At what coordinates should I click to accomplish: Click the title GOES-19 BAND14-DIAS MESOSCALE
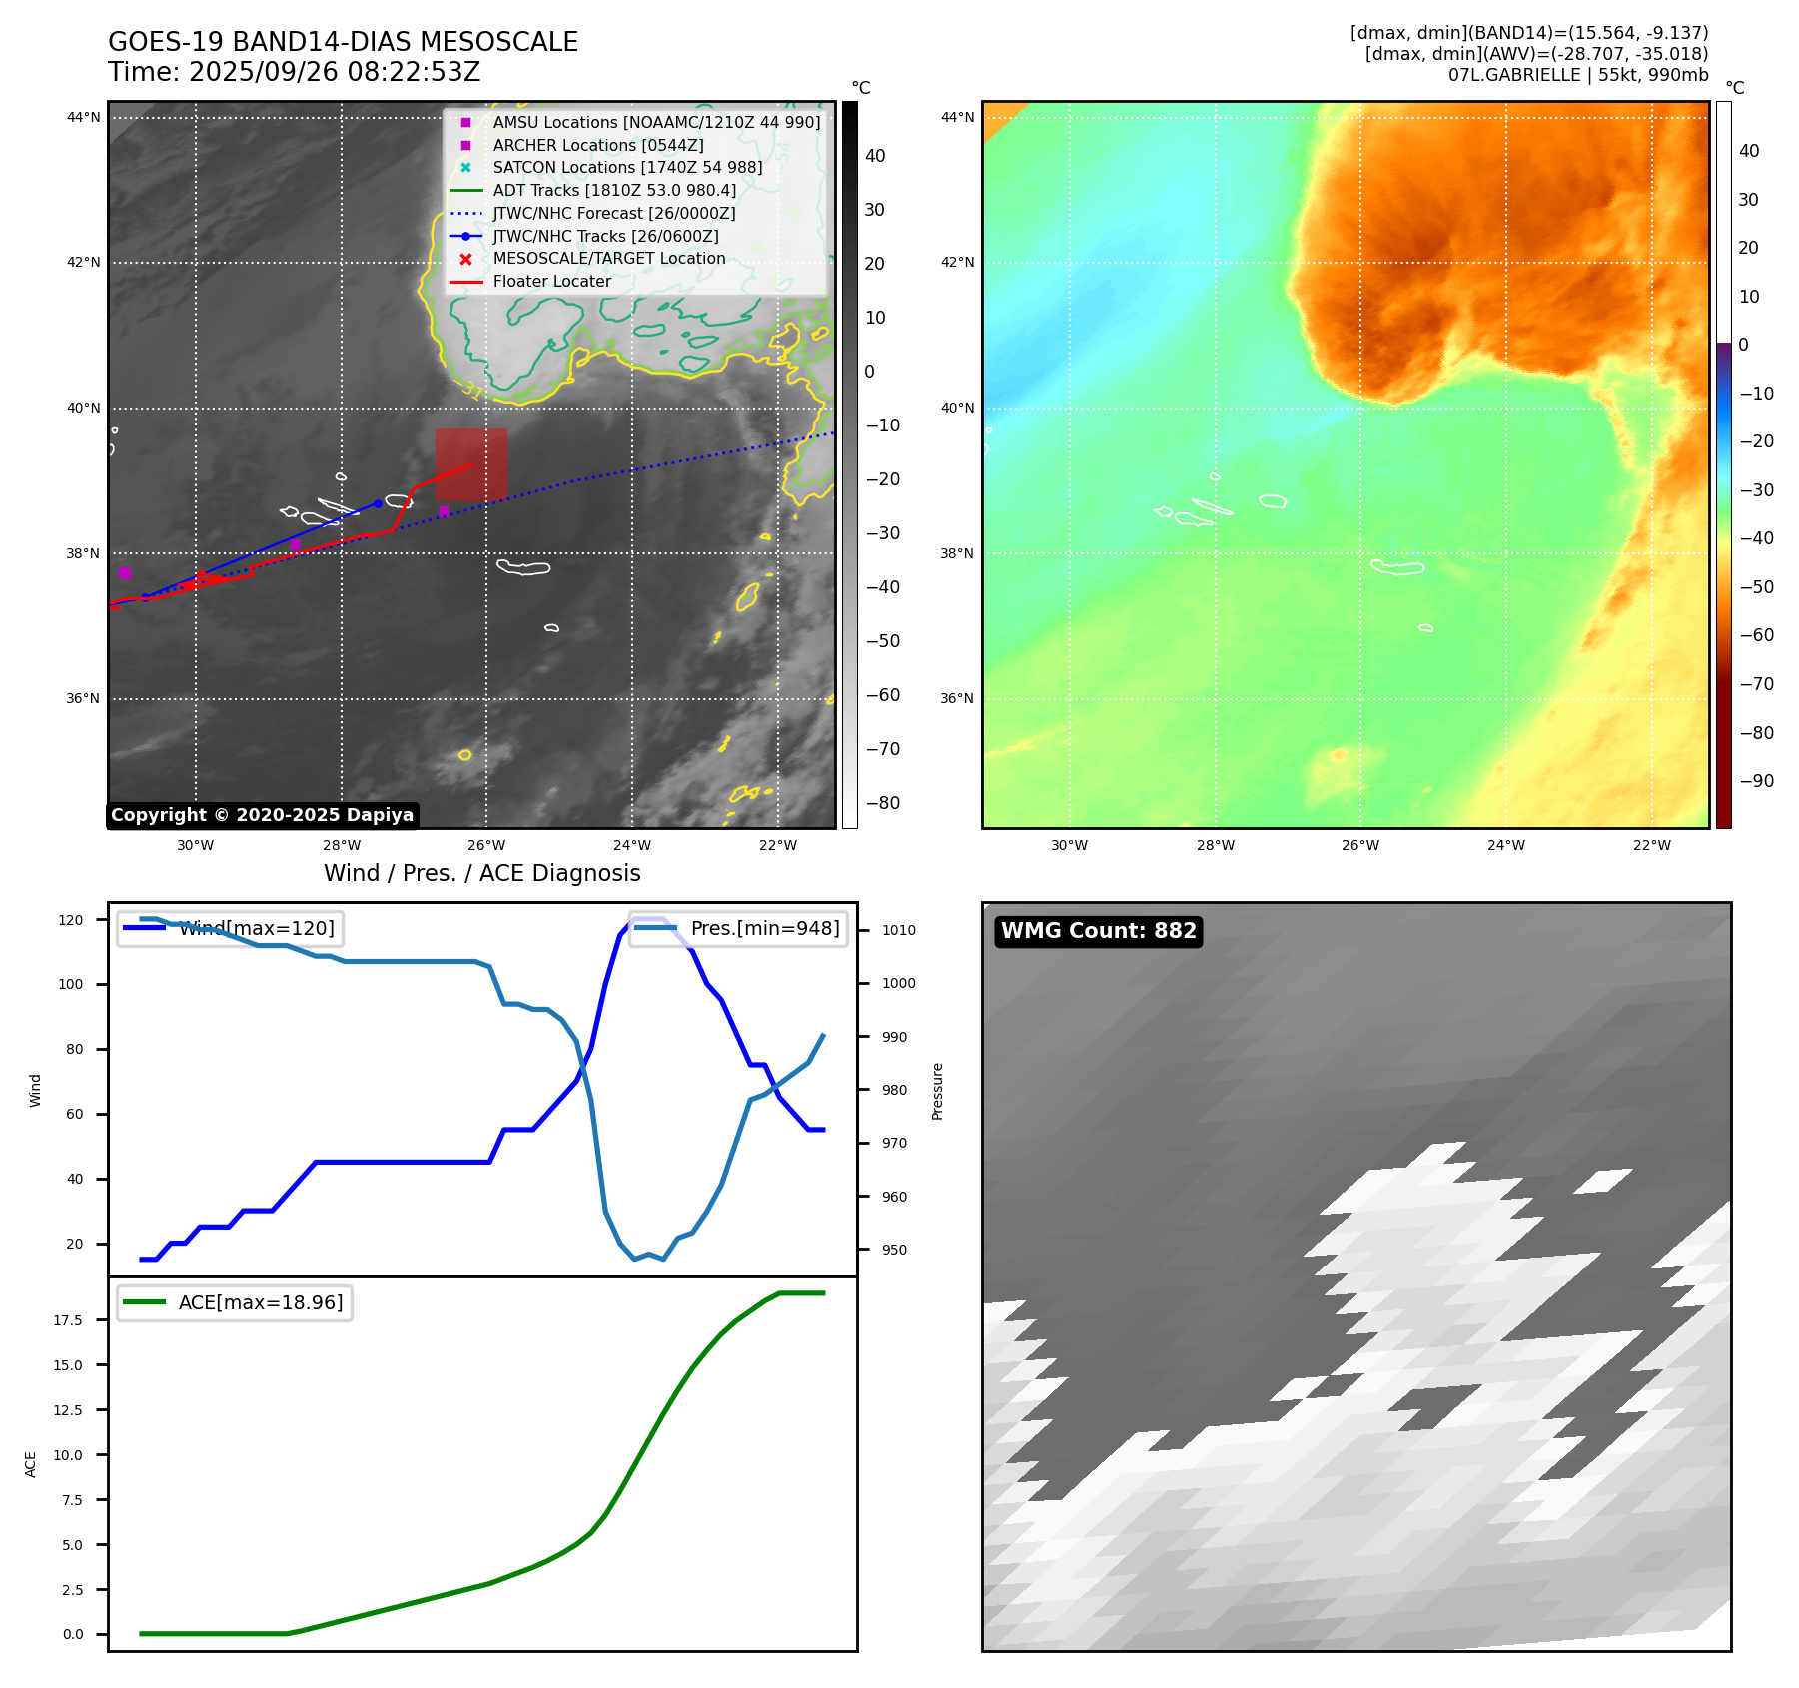tap(343, 42)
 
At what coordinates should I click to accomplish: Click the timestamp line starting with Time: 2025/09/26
tap(294, 72)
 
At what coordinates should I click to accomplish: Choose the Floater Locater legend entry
tap(551, 282)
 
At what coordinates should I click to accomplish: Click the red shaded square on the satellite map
tap(470, 465)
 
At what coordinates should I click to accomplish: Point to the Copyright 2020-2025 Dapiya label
tap(262, 815)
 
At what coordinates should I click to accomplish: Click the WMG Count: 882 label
tap(1098, 931)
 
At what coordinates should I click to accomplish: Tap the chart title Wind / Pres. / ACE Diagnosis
tap(481, 873)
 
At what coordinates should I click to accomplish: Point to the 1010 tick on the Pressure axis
tap(898, 930)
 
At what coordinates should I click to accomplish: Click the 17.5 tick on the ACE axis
tap(68, 1320)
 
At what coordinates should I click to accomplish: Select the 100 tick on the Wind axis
tap(71, 984)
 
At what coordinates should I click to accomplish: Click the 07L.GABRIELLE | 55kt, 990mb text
tap(1577, 75)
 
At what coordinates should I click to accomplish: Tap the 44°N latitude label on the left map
tap(84, 118)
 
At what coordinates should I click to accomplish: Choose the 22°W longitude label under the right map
tap(1651, 845)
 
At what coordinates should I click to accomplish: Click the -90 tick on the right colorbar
tap(1756, 781)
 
